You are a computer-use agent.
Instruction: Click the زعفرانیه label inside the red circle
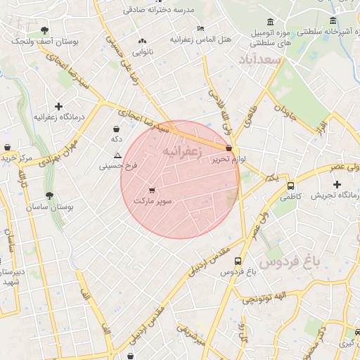(182, 151)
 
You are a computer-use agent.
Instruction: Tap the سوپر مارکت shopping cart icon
(152, 190)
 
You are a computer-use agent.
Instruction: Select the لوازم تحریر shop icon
(229, 148)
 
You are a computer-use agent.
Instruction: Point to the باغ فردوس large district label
(288, 262)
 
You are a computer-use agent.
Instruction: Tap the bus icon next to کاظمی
(290, 186)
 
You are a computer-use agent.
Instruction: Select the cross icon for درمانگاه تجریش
(337, 184)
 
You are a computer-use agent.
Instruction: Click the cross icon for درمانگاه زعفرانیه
(58, 106)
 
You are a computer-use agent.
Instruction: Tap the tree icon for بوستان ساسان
(49, 196)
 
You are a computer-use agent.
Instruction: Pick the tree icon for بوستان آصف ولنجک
(44, 30)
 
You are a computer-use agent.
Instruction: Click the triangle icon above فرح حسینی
(117, 155)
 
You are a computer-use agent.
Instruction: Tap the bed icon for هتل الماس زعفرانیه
(200, 28)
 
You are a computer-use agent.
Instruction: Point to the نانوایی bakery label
(143, 51)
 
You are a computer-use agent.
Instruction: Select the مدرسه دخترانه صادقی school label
(168, 10)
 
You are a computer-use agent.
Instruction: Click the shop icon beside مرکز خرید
(7, 148)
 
